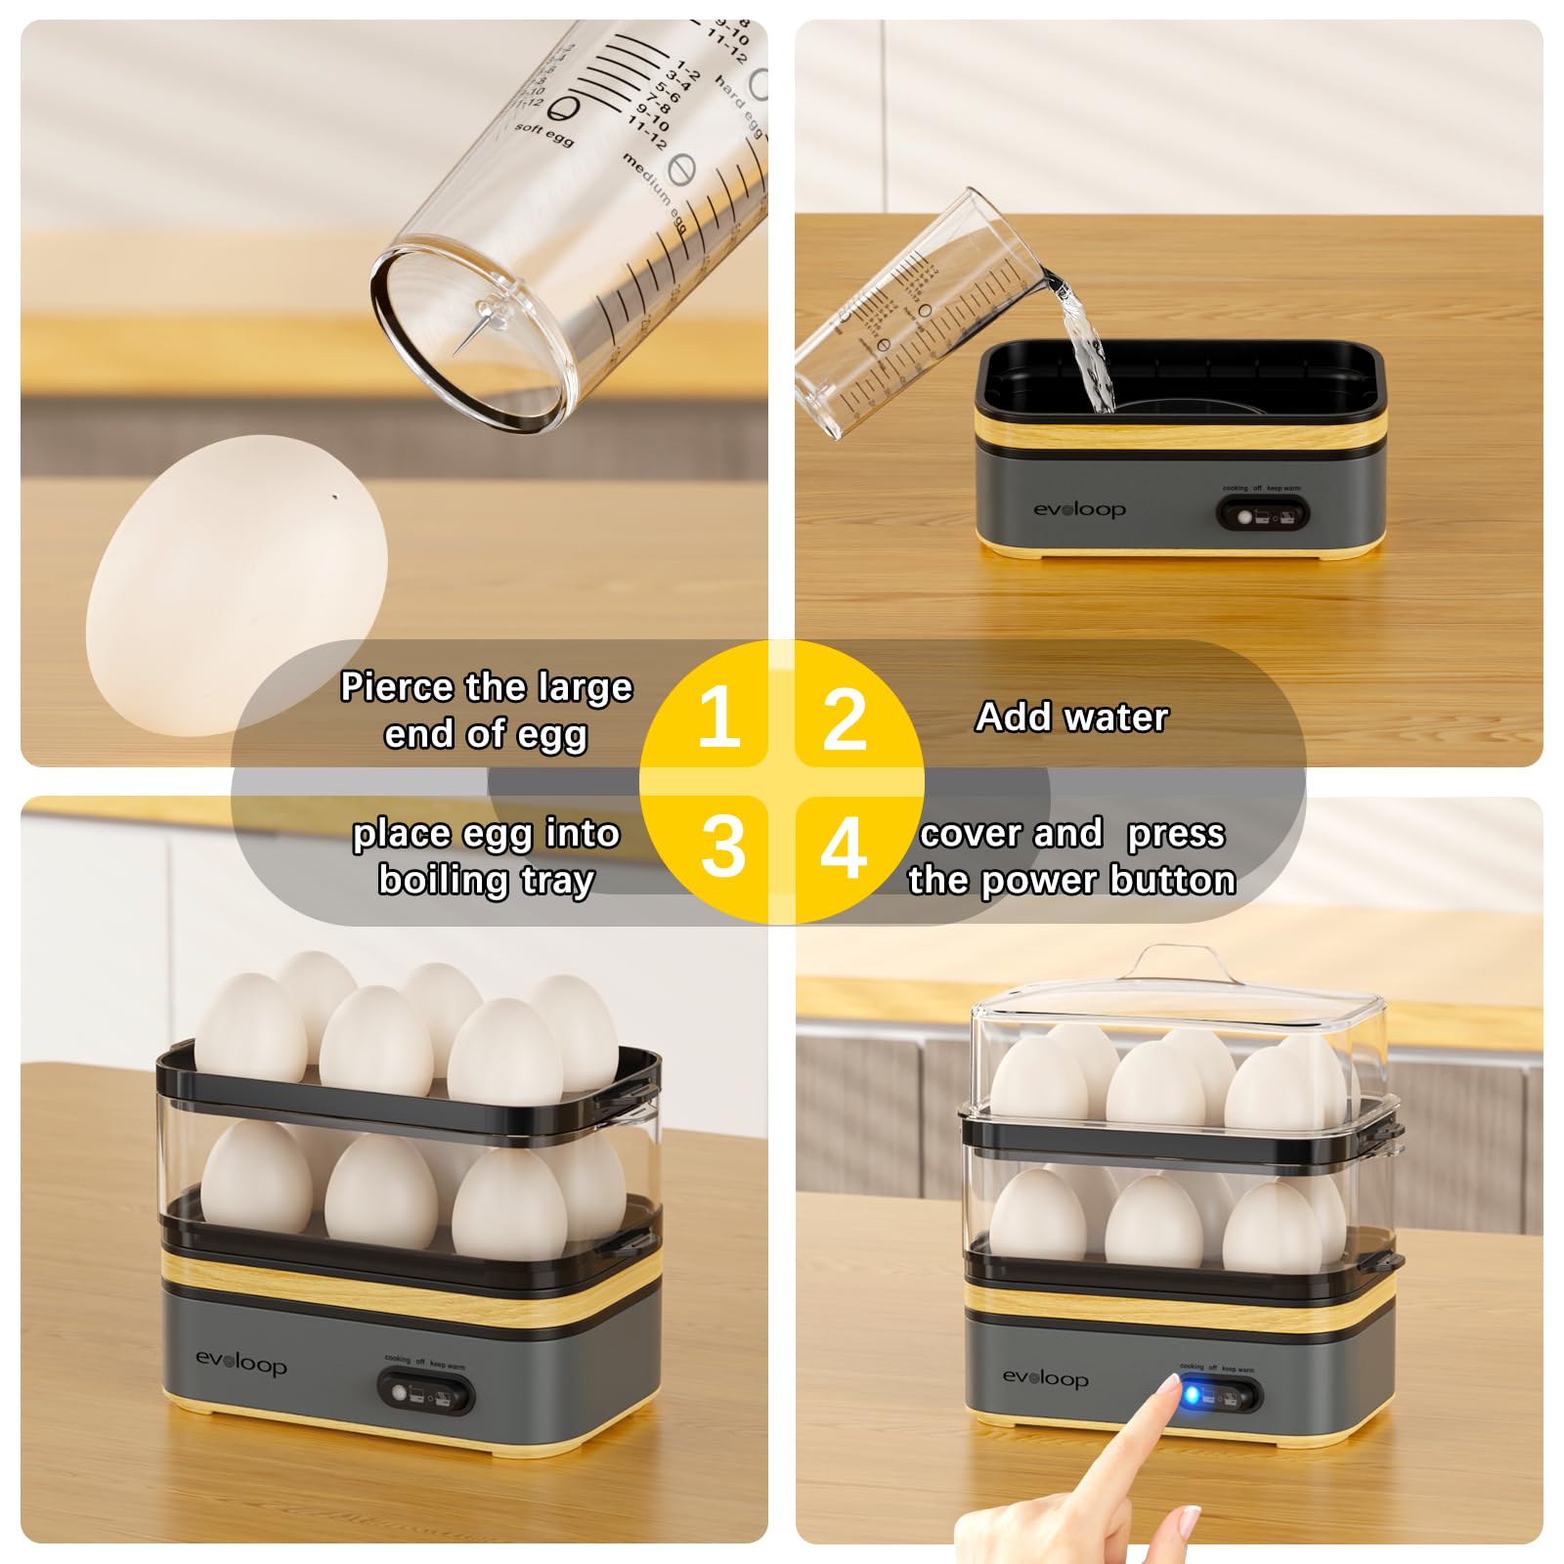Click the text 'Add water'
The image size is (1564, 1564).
[1072, 717]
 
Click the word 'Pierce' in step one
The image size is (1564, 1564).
[397, 687]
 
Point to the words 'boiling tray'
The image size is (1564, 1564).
[486, 880]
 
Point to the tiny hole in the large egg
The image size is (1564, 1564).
[336, 497]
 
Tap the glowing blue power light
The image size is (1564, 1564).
[1191, 1394]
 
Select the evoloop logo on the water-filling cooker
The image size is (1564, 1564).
[1079, 509]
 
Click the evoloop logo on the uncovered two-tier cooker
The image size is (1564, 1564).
[240, 1362]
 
